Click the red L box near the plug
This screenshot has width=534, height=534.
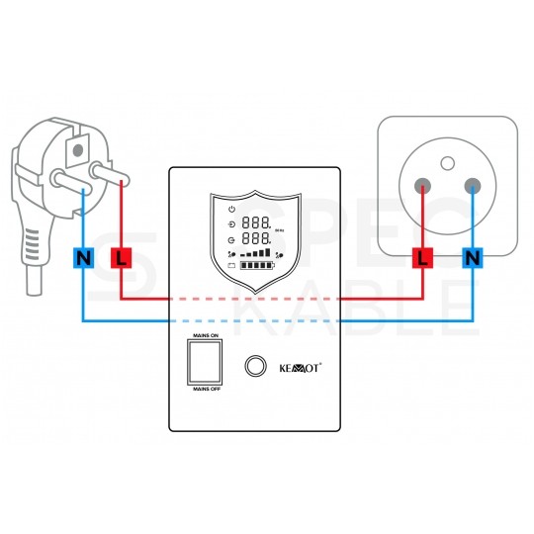pos(121,259)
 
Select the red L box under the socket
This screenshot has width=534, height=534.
pos(422,259)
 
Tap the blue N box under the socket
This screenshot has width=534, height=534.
pos(472,259)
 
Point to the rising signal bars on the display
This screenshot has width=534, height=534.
pos(258,254)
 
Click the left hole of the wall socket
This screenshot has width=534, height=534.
pos(423,185)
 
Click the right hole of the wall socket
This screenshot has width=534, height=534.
pos(472,185)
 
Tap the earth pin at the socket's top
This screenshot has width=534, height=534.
pos(447,161)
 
